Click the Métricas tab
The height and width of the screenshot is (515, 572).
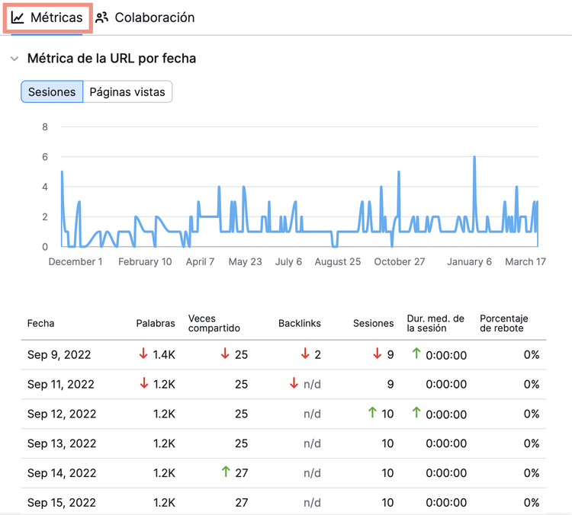[47, 18]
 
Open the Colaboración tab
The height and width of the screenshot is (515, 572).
[145, 18]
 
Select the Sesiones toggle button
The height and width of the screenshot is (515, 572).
[52, 92]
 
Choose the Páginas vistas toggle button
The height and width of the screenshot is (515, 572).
[127, 92]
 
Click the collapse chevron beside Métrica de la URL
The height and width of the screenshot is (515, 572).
[14, 59]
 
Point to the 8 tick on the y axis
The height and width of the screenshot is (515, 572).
[45, 126]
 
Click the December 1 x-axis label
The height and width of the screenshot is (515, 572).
[76, 262]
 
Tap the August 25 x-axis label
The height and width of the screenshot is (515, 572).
[338, 262]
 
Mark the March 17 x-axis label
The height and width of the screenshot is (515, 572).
[525, 262]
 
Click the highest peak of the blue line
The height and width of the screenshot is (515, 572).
[474, 157]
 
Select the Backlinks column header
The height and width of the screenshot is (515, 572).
[300, 323]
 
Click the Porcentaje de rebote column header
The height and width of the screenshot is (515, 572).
[504, 323]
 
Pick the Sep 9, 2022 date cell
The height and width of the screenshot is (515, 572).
[59, 354]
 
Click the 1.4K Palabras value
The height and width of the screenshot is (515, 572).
[164, 354]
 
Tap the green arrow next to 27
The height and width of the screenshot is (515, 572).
[226, 472]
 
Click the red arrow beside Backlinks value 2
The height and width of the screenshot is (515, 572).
[305, 353]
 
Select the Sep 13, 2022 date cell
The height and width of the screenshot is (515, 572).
[62, 443]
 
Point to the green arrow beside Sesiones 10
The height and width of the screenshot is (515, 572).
[372, 412]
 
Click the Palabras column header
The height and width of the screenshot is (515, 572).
[156, 323]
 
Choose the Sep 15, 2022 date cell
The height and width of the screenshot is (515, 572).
[62, 503]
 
